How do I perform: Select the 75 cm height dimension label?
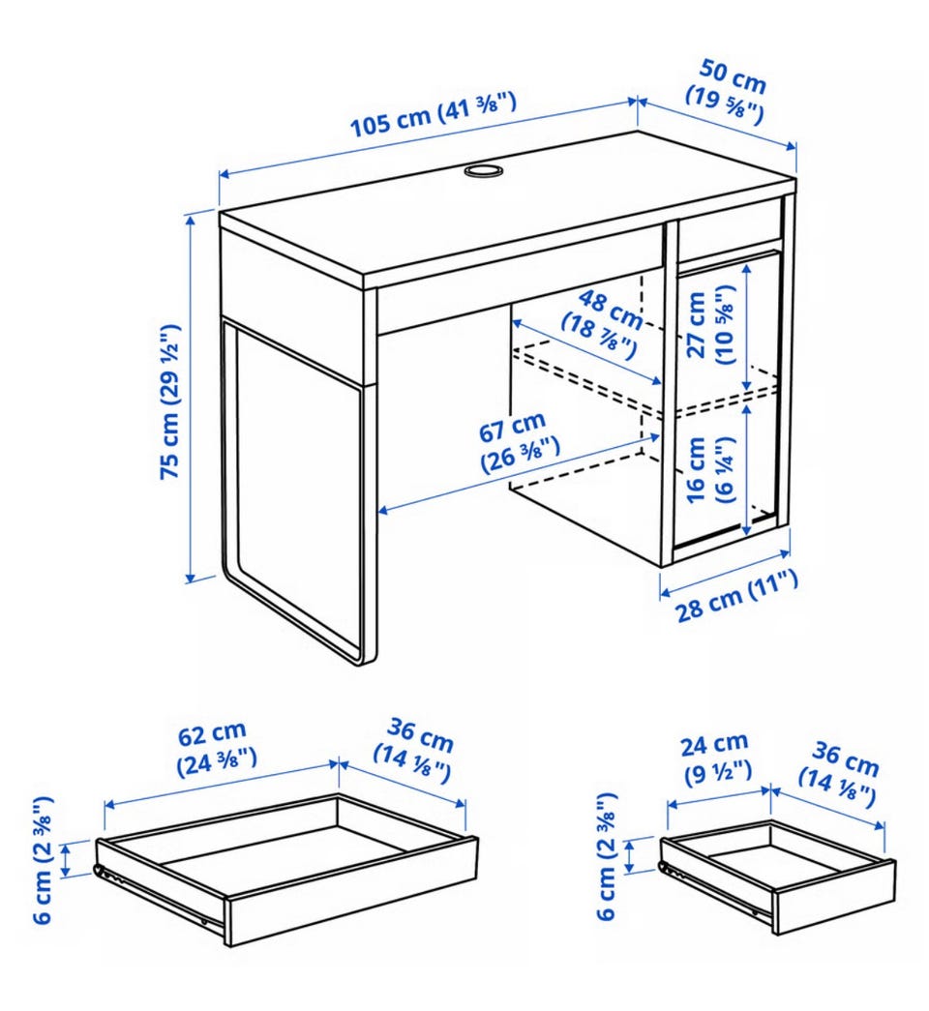point(170,401)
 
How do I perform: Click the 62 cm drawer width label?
point(216,748)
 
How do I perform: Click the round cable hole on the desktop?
point(483,170)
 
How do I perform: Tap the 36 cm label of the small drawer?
point(840,774)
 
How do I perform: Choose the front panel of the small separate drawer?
point(834,897)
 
